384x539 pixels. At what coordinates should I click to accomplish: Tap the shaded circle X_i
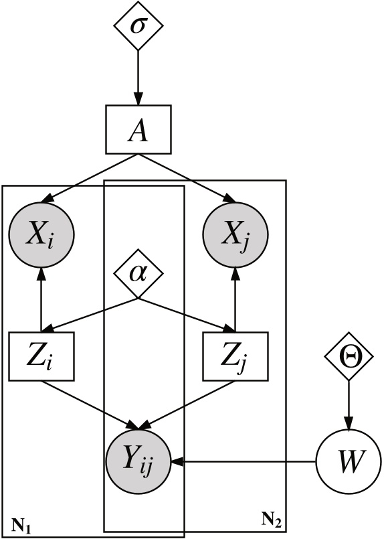41,234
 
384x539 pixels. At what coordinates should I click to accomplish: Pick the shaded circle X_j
235,234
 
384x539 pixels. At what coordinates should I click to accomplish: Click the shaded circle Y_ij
138,461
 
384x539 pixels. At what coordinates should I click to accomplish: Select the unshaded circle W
347,461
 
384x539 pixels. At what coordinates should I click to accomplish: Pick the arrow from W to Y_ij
241,461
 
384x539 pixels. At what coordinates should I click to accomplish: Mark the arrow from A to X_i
90,177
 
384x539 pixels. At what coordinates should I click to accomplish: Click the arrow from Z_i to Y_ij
91,402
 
